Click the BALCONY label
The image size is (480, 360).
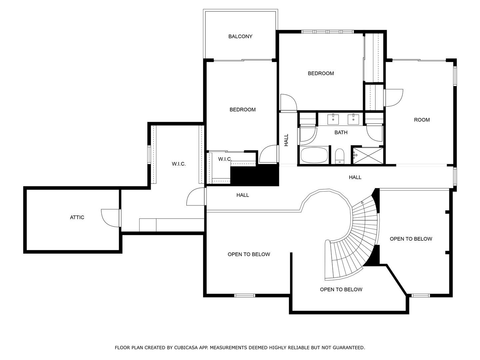(240, 37)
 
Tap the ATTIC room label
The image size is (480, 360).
(77, 217)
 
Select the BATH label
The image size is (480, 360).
(341, 132)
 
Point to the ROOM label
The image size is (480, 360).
(422, 120)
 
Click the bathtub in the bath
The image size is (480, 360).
(314, 155)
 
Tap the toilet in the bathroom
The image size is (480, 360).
(340, 156)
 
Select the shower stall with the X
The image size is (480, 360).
(368, 156)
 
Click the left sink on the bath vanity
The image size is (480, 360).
(333, 120)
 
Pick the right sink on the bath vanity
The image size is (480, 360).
(353, 120)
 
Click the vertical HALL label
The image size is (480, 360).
(286, 140)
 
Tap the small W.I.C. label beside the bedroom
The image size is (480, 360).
(225, 159)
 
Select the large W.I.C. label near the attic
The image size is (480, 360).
(179, 164)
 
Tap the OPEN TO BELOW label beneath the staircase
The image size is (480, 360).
(341, 289)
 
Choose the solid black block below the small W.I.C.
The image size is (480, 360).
(255, 175)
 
